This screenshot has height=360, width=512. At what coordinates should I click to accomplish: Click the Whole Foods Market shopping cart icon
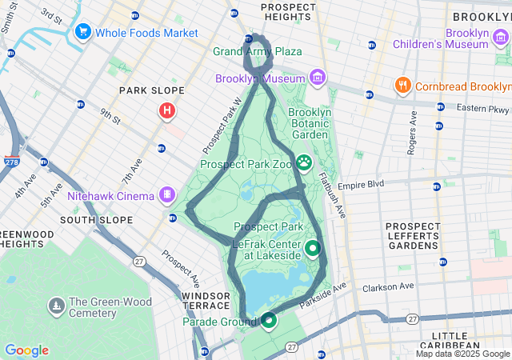82,32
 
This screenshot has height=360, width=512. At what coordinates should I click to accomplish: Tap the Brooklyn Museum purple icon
318,78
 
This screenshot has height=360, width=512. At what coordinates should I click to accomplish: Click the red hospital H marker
166,110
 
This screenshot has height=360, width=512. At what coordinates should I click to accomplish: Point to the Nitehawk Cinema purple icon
166,194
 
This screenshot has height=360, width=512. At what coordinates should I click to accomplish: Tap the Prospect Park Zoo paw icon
305,163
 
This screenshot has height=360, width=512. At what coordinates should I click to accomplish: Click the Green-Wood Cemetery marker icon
57,305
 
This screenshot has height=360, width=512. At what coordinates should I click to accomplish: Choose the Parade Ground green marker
269,321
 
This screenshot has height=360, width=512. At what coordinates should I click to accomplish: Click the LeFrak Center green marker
312,249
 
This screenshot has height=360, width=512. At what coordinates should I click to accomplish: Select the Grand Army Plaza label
258,52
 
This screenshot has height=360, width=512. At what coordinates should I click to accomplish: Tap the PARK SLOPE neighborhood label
152,90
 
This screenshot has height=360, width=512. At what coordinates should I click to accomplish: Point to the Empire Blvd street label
361,184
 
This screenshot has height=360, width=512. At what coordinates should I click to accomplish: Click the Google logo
26,350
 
